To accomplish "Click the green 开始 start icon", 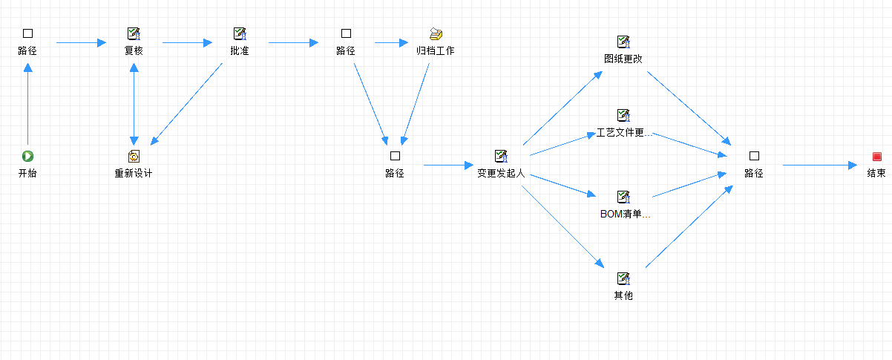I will click(x=27, y=156).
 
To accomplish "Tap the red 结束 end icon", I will click(x=876, y=156).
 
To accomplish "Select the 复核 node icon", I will click(x=134, y=33).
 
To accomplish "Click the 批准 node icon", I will click(x=239, y=33).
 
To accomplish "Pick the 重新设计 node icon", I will click(x=134, y=156).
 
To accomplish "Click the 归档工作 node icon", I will click(x=436, y=33).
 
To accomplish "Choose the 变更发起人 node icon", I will click(x=501, y=156).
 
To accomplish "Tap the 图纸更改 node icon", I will click(x=623, y=42).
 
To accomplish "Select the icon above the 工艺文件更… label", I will click(x=623, y=115).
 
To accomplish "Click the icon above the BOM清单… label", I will click(x=623, y=197).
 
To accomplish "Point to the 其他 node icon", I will click(x=623, y=278).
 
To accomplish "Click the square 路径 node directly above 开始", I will click(x=27, y=33).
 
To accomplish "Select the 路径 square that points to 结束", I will click(x=754, y=156).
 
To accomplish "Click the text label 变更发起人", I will click(x=501, y=174).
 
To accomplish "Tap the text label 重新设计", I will click(x=134, y=174).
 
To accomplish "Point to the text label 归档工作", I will click(x=436, y=51).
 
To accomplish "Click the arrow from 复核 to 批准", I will click(x=186, y=42).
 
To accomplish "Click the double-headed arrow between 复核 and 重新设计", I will click(x=134, y=103).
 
